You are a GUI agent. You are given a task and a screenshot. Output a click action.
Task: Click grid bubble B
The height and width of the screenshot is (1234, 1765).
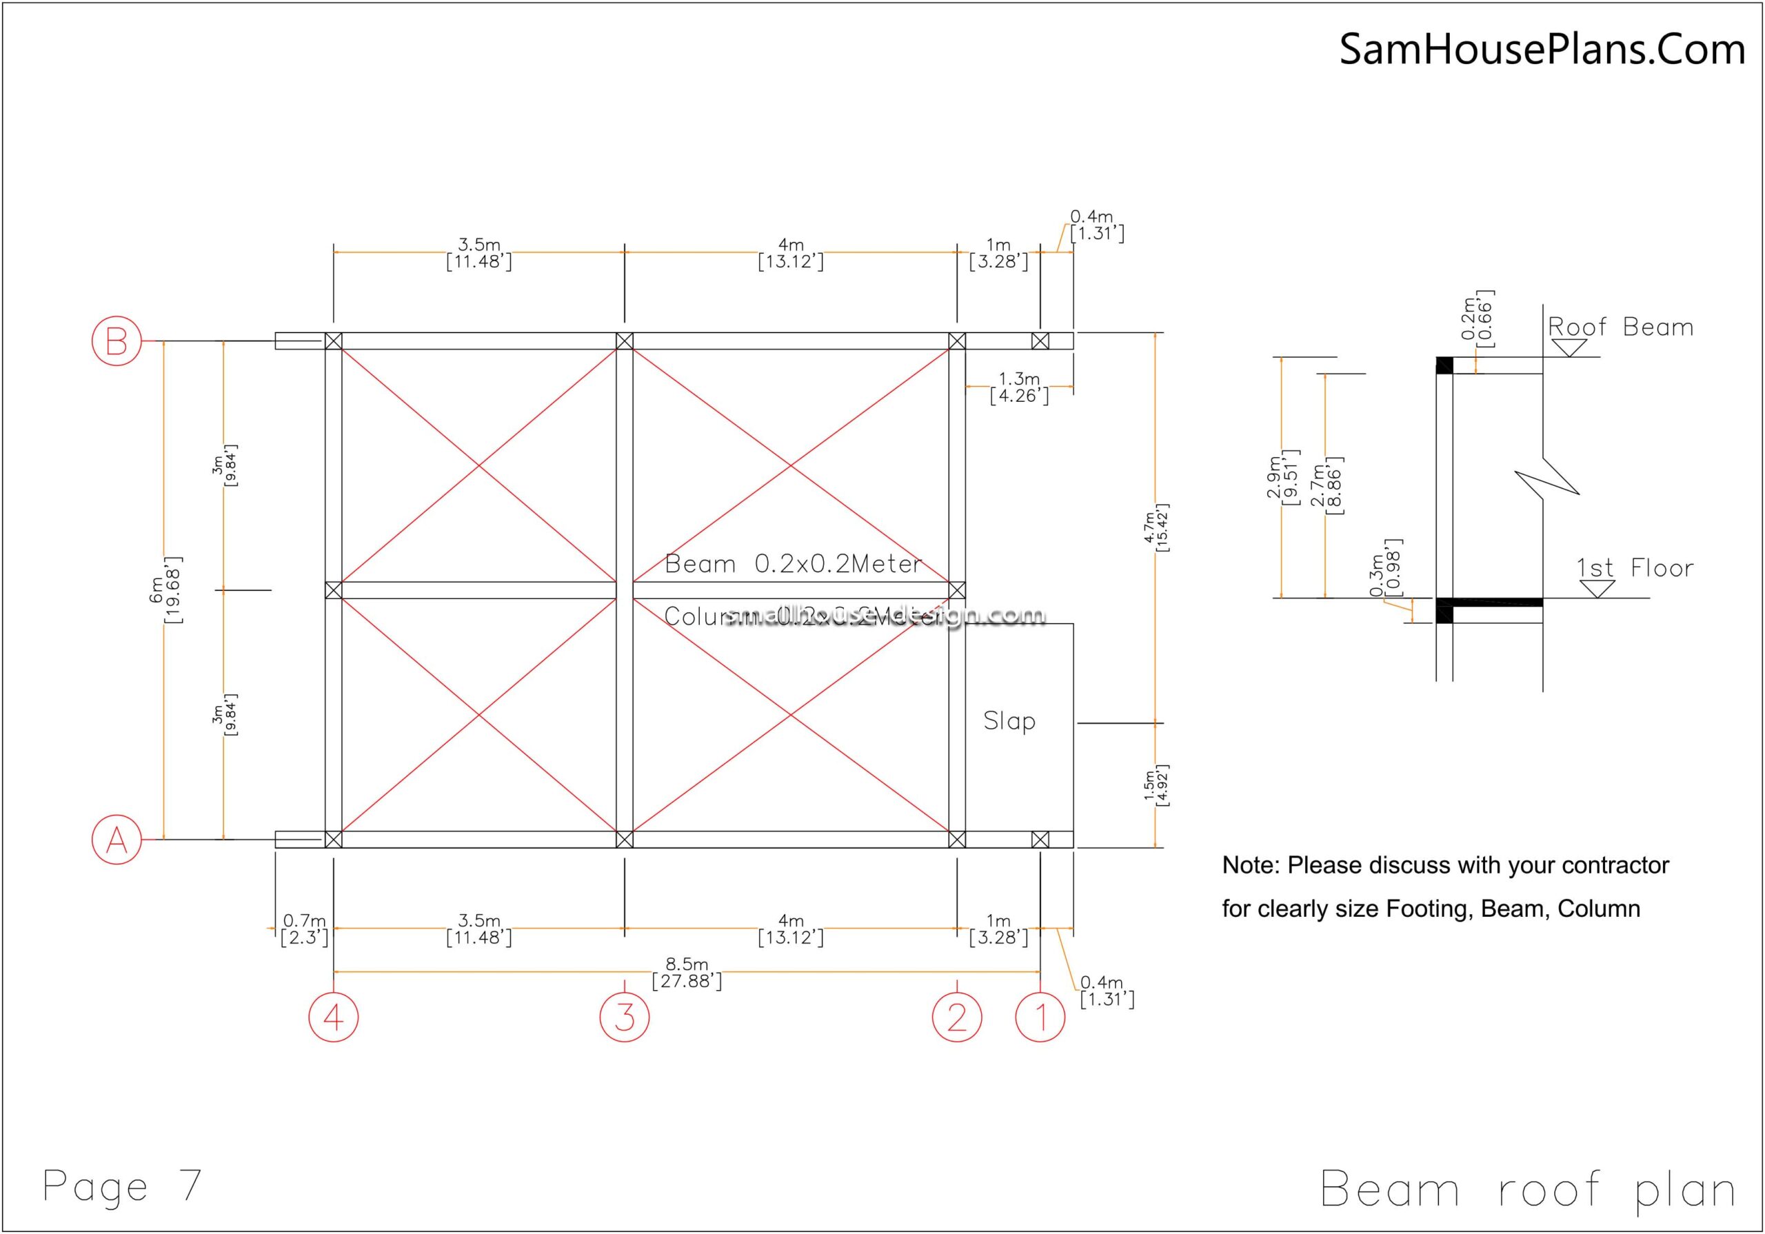click(117, 341)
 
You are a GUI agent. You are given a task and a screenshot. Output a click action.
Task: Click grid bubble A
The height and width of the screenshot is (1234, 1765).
click(117, 840)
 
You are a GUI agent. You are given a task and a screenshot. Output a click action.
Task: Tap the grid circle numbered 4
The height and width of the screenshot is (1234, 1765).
click(333, 1017)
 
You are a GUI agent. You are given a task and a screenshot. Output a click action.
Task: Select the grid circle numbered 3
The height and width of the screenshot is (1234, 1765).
click(624, 1017)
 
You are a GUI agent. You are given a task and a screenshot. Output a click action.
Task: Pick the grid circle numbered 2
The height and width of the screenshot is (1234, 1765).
click(956, 1017)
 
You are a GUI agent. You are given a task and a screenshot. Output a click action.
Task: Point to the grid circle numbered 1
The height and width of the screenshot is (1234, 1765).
click(1040, 1017)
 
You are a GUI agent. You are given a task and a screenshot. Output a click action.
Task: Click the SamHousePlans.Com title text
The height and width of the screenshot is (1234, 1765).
click(1542, 49)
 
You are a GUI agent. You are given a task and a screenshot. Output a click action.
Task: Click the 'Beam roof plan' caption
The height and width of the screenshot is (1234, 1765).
click(1527, 1189)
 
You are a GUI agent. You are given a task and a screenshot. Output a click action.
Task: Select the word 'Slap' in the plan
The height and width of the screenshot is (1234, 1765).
click(1009, 721)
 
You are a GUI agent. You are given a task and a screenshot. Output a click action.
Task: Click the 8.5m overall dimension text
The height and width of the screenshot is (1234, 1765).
click(687, 973)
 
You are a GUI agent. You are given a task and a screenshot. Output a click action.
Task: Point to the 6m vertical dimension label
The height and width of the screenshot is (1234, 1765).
click(166, 589)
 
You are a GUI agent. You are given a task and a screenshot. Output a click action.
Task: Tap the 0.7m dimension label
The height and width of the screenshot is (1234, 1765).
click(305, 929)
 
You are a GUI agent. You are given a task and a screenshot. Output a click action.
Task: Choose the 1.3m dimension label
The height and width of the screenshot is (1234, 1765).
click(1018, 387)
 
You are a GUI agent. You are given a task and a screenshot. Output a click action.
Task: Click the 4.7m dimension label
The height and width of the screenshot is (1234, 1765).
click(1156, 528)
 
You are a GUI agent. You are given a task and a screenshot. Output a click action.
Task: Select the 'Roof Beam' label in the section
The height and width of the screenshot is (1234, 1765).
click(1620, 327)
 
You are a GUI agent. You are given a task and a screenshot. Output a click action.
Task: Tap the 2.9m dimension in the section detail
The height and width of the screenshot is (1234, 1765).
click(1282, 478)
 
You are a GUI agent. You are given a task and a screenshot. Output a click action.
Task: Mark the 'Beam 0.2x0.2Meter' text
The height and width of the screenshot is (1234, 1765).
click(793, 565)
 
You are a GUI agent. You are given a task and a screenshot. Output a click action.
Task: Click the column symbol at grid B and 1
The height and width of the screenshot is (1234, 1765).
click(1040, 341)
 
